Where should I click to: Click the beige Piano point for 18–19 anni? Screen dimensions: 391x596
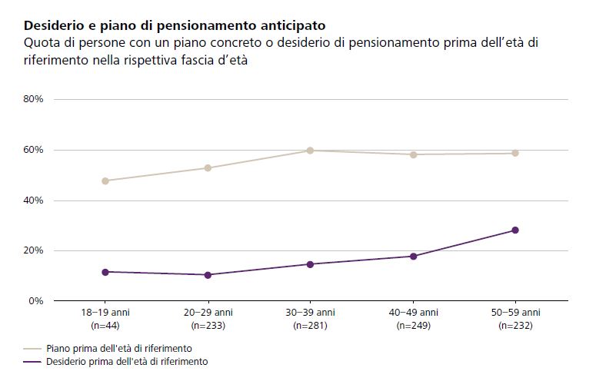point(105,181)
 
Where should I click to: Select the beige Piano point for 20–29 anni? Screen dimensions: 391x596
point(208,168)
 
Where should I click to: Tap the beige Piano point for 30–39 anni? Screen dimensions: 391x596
point(310,151)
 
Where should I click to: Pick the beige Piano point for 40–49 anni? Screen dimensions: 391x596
point(413,154)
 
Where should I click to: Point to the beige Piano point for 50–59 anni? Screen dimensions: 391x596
point(515,154)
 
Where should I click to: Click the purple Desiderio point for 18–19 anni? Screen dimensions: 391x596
point(105,272)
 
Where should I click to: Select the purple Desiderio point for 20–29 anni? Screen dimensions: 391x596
point(208,275)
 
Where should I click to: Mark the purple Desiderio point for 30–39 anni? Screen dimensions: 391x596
point(310,264)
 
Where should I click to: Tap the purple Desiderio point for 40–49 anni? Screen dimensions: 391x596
point(413,257)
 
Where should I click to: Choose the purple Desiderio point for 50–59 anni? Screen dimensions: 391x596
point(515,230)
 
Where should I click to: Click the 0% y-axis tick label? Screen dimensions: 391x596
point(35,301)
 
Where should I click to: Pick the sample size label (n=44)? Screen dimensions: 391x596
point(105,326)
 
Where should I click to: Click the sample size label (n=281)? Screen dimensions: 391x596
point(310,326)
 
